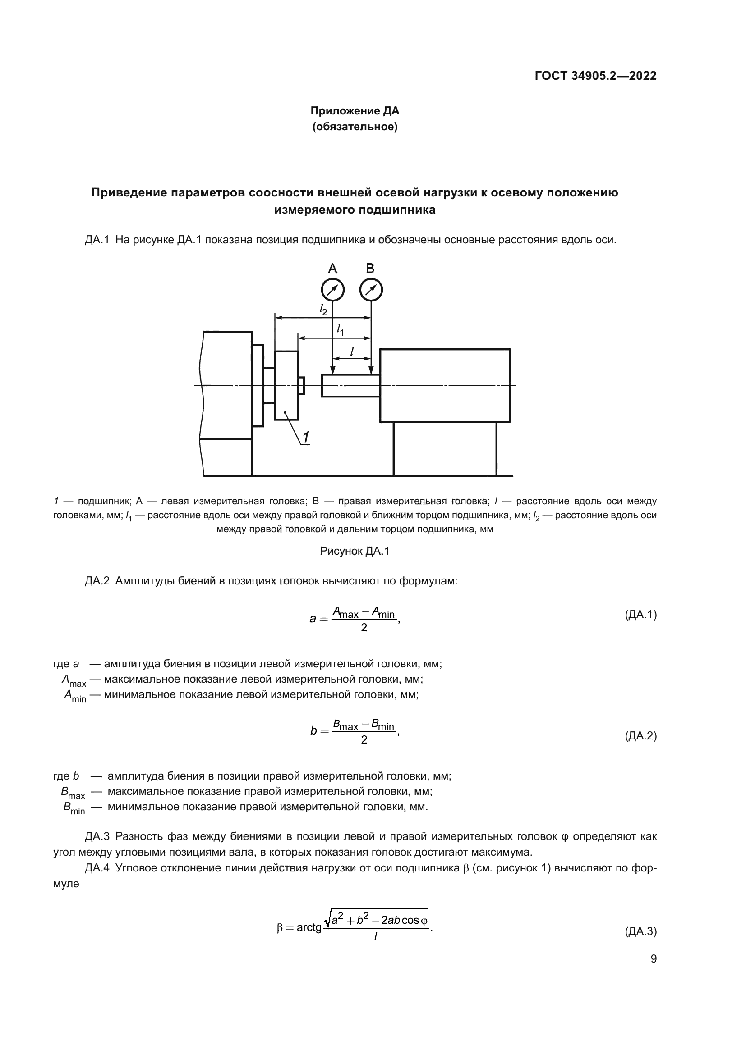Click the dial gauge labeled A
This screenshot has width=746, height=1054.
pyautogui.click(x=332, y=290)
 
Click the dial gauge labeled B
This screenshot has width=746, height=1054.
pyautogui.click(x=371, y=290)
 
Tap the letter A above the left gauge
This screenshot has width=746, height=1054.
pyautogui.click(x=332, y=268)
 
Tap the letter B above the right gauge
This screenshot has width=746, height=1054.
pyautogui.click(x=370, y=268)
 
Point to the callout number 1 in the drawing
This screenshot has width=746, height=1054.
pyautogui.click(x=305, y=438)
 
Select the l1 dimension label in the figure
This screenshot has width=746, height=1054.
pyautogui.click(x=340, y=329)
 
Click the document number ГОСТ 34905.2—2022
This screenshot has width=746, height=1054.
pyautogui.click(x=595, y=76)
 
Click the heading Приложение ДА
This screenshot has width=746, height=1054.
pyautogui.click(x=355, y=111)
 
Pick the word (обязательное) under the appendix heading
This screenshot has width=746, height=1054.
pyautogui.click(x=355, y=127)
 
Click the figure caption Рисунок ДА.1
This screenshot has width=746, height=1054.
pyautogui.click(x=355, y=551)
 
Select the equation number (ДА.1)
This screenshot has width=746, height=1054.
pyautogui.click(x=640, y=615)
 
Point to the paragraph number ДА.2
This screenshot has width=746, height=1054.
pyautogui.click(x=97, y=581)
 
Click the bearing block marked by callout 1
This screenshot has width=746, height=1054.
pyautogui.click(x=286, y=385)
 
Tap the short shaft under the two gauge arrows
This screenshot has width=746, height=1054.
pyautogui.click(x=350, y=386)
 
